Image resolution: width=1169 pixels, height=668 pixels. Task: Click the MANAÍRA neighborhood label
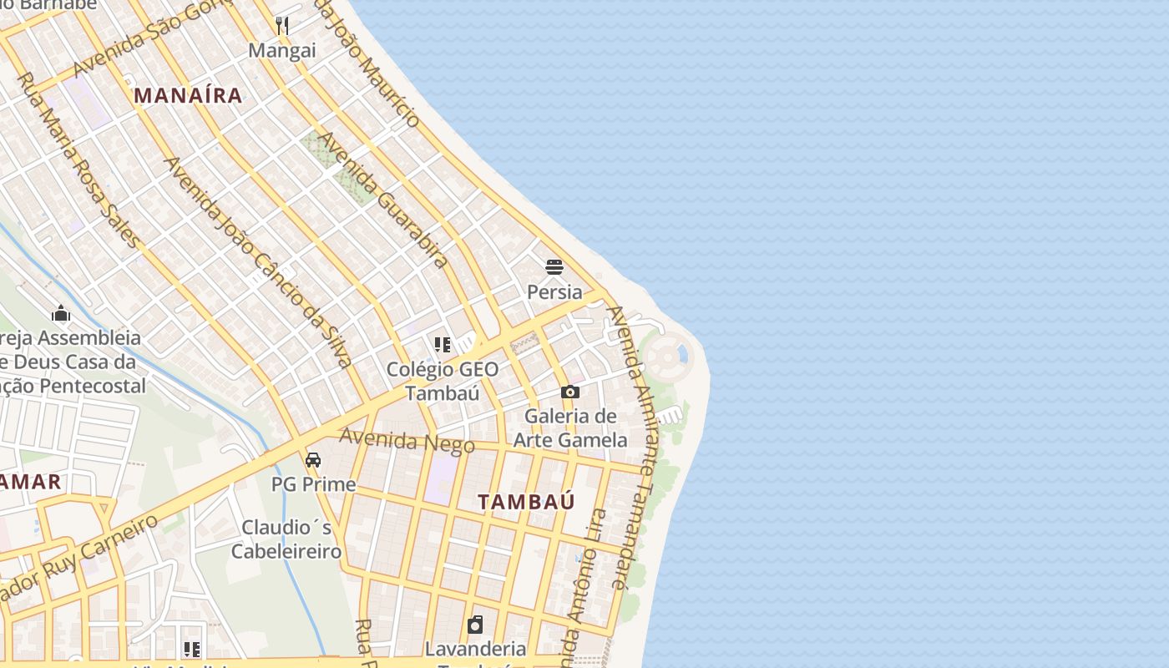(188, 96)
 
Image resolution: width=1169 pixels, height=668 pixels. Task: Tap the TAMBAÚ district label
(526, 502)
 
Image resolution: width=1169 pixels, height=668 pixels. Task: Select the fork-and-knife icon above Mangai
(282, 26)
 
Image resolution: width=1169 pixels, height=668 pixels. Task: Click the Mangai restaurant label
(282, 51)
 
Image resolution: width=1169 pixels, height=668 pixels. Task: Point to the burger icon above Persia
(554, 267)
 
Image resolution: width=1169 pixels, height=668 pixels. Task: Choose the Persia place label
(554, 292)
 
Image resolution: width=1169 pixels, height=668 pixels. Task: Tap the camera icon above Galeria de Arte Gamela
(570, 392)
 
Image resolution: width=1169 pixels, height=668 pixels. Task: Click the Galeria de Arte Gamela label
(570, 428)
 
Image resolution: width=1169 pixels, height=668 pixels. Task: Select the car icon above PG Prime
(313, 460)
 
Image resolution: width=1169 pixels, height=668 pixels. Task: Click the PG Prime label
(313, 484)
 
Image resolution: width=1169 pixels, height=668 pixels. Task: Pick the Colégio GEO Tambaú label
(442, 381)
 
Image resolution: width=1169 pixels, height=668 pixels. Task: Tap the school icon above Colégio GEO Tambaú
(443, 344)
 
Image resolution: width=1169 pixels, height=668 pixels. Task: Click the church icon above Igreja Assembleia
(61, 314)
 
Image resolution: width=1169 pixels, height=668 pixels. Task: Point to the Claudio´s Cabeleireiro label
(286, 539)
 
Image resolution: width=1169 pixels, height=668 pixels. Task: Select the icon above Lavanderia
(475, 625)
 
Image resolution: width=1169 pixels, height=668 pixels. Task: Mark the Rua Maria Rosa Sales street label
(78, 159)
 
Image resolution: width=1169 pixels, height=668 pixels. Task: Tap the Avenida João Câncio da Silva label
(260, 261)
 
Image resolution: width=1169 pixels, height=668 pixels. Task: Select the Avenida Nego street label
(407, 440)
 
